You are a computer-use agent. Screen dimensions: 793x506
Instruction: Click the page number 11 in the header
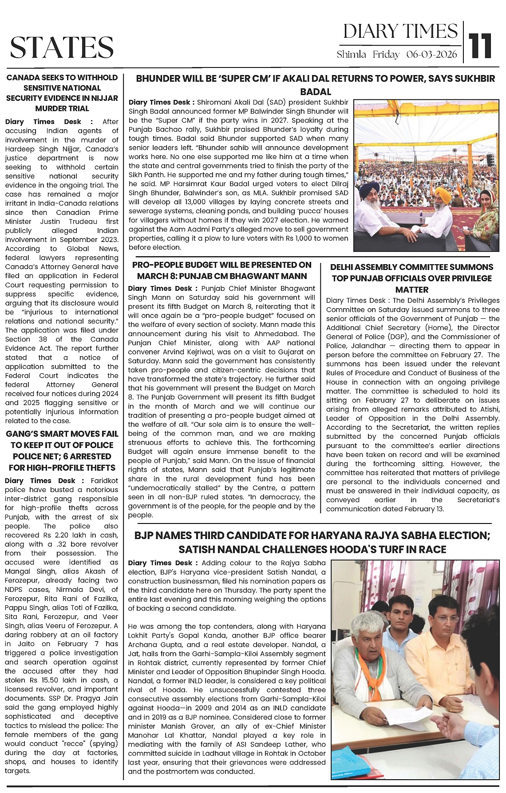pos(481,46)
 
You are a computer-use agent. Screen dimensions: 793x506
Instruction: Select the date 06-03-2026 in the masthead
pos(431,55)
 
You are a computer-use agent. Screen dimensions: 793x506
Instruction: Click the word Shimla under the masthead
pos(351,55)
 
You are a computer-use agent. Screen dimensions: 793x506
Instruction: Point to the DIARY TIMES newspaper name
pos(400,31)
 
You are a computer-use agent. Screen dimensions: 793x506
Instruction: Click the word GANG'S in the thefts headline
pos(23,434)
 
